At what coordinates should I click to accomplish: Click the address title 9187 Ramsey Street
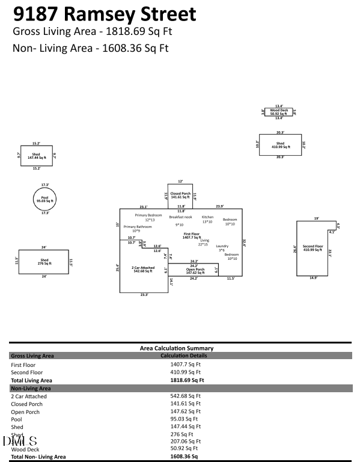(105, 13)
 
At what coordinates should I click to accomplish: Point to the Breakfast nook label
(180, 217)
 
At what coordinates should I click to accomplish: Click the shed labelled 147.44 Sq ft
(37, 155)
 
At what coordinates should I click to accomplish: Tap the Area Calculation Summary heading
(176, 348)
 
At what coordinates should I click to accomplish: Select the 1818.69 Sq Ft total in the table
(188, 380)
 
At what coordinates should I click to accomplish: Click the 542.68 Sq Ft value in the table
(185, 396)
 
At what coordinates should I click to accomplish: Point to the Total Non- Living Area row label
(39, 457)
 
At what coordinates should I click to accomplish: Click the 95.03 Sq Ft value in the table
(184, 419)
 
